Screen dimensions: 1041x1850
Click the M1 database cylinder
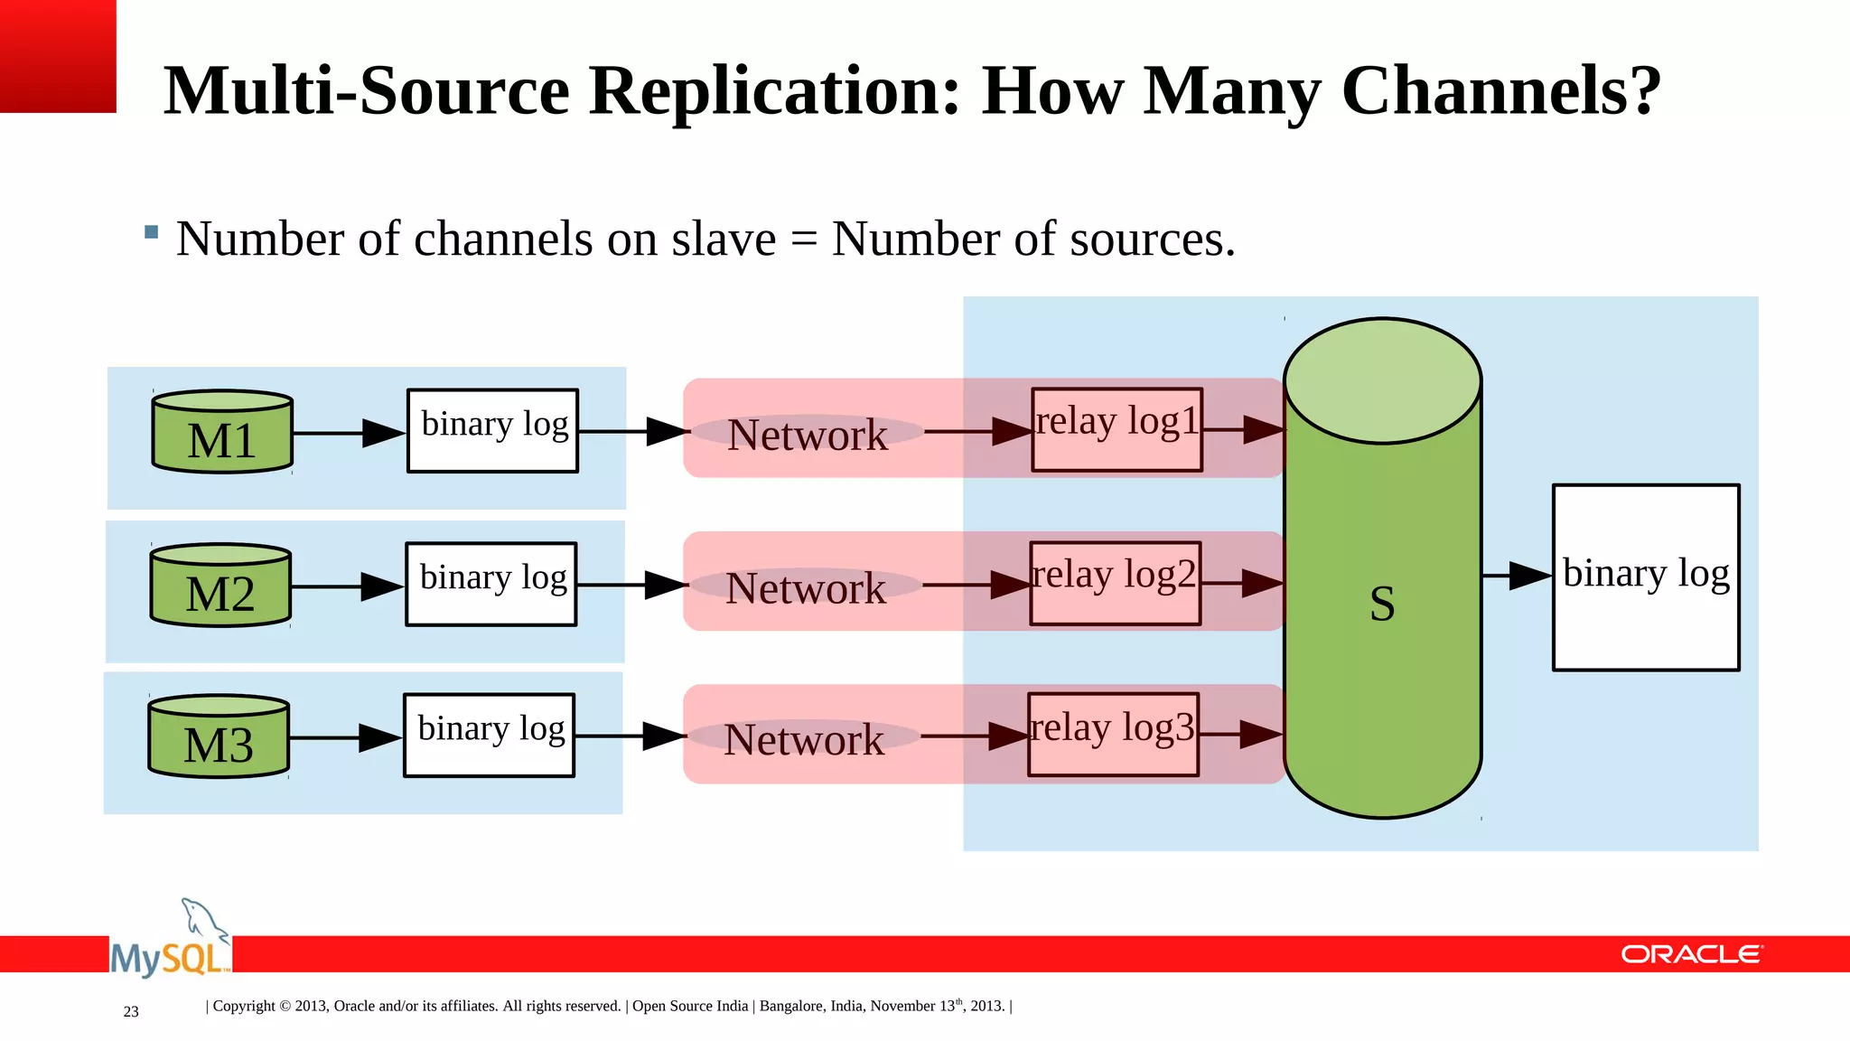(x=222, y=432)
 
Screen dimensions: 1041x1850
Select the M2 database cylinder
(x=220, y=586)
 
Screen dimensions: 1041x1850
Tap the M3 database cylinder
(x=219, y=736)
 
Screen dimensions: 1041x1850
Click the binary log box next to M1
(x=493, y=430)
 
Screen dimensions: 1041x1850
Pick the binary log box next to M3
(x=490, y=735)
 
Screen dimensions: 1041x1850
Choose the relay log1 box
(x=1117, y=429)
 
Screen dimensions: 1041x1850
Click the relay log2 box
(x=1115, y=583)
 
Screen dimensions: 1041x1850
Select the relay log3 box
(x=1113, y=734)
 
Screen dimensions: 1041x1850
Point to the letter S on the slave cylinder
(x=1382, y=603)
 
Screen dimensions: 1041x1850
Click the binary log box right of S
(x=1646, y=577)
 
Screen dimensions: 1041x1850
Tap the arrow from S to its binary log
(x=1517, y=576)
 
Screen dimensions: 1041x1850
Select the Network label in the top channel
(x=808, y=435)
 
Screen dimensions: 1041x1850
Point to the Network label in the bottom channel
(x=804, y=739)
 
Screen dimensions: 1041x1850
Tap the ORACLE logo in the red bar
(x=1690, y=954)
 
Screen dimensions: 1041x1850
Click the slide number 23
(x=131, y=1011)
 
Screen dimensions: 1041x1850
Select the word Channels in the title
(x=1500, y=91)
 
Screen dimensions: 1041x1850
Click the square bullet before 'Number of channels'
(x=152, y=232)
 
